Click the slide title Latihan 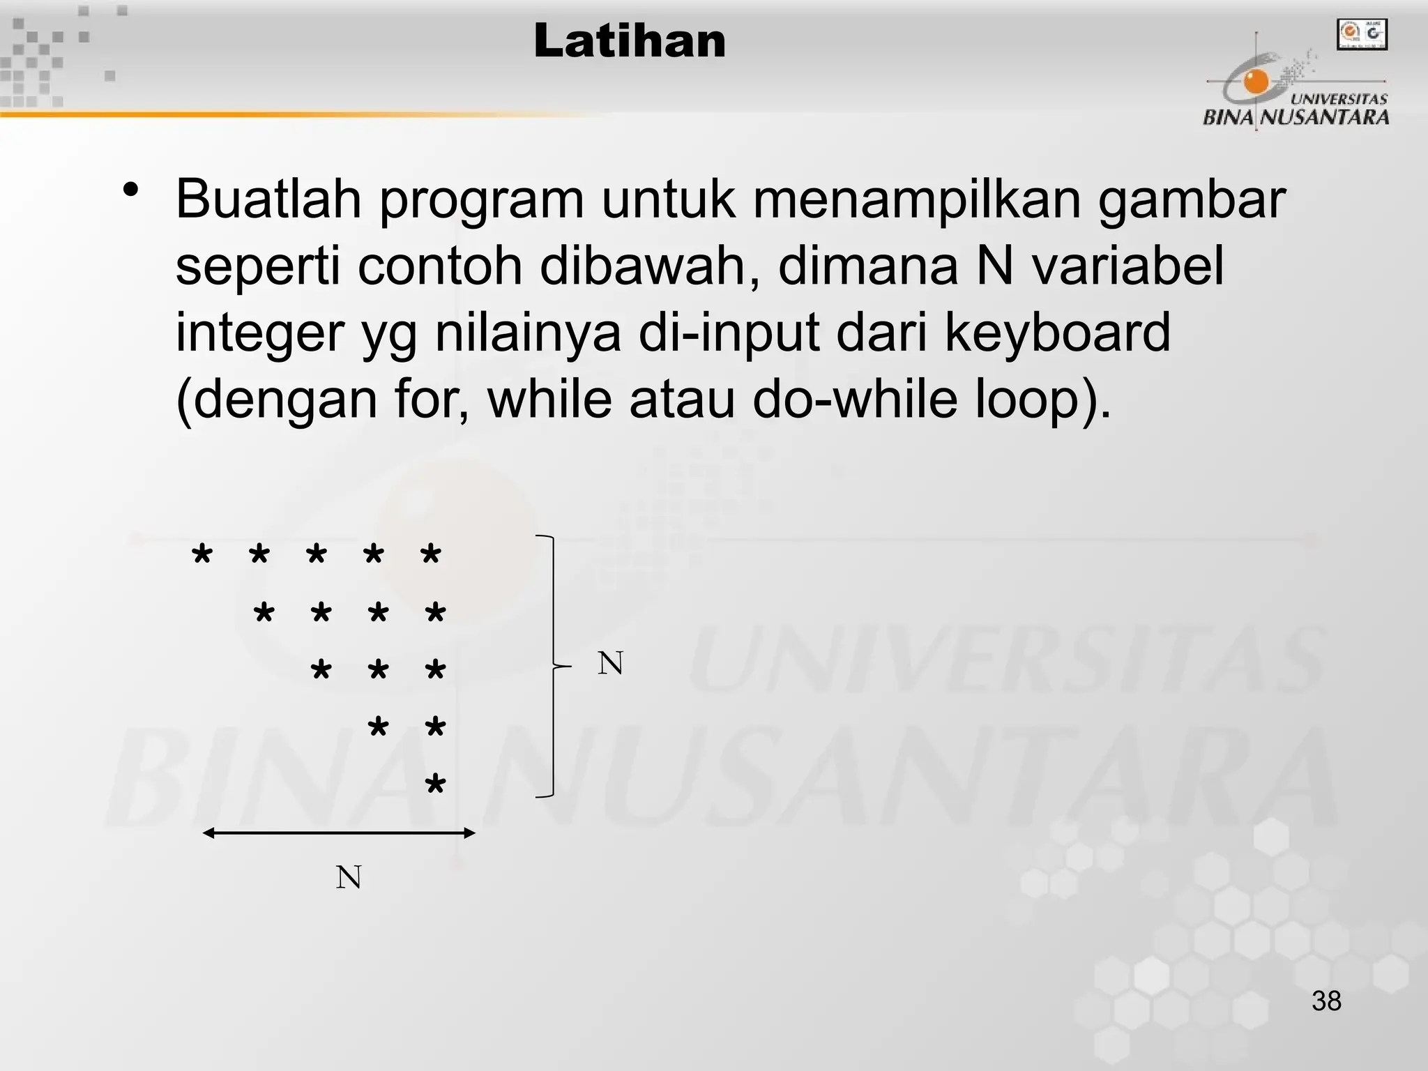click(630, 41)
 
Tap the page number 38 click(1326, 1001)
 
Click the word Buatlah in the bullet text click(268, 199)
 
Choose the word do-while click(855, 399)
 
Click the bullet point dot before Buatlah click(130, 190)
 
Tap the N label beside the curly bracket click(610, 663)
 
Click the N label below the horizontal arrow click(349, 877)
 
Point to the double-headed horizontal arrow click(339, 833)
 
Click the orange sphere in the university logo click(1257, 82)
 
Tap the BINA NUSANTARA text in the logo click(1296, 116)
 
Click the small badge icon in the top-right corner click(1362, 34)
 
